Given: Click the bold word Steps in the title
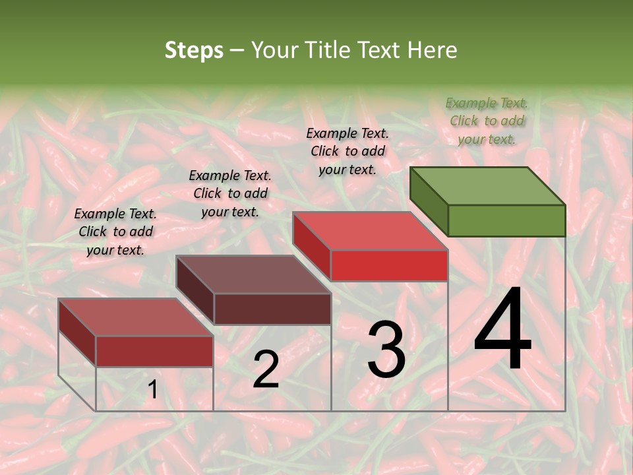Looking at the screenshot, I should click(x=194, y=50).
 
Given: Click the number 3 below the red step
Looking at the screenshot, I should click(x=386, y=350).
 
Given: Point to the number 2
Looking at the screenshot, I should click(x=266, y=369).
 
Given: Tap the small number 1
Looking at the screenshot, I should click(x=152, y=390).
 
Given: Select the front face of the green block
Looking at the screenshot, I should click(x=506, y=220).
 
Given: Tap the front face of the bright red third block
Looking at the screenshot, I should click(x=389, y=265).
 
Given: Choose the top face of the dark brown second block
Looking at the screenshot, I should click(x=253, y=274).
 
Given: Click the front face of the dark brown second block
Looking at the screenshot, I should click(x=272, y=309).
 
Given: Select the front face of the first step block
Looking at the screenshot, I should click(x=154, y=351).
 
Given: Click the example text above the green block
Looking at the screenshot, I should click(x=487, y=121).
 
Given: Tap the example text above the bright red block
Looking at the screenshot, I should click(x=347, y=151).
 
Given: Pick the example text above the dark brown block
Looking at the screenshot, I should click(x=230, y=193).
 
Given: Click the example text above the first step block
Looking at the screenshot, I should click(x=115, y=232).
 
